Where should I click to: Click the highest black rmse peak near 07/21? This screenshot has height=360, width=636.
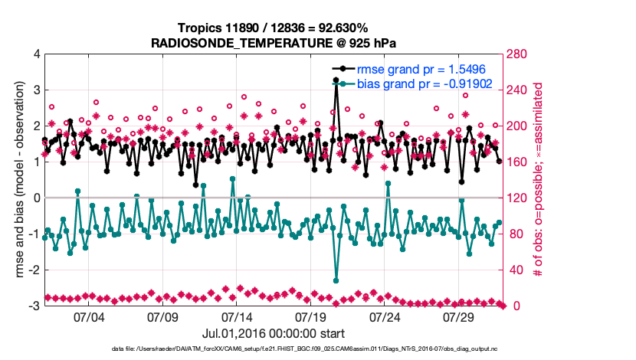336,80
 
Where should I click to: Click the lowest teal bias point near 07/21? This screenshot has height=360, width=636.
336,280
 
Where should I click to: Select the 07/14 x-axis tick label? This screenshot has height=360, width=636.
237,316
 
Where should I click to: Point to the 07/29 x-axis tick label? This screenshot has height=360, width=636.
459,316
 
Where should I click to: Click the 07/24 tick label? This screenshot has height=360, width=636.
385,316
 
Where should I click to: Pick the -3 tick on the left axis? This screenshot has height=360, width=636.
35,306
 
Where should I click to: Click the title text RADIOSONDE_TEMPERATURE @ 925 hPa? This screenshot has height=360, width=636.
274,41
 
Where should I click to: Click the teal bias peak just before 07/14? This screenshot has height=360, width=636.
232,178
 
